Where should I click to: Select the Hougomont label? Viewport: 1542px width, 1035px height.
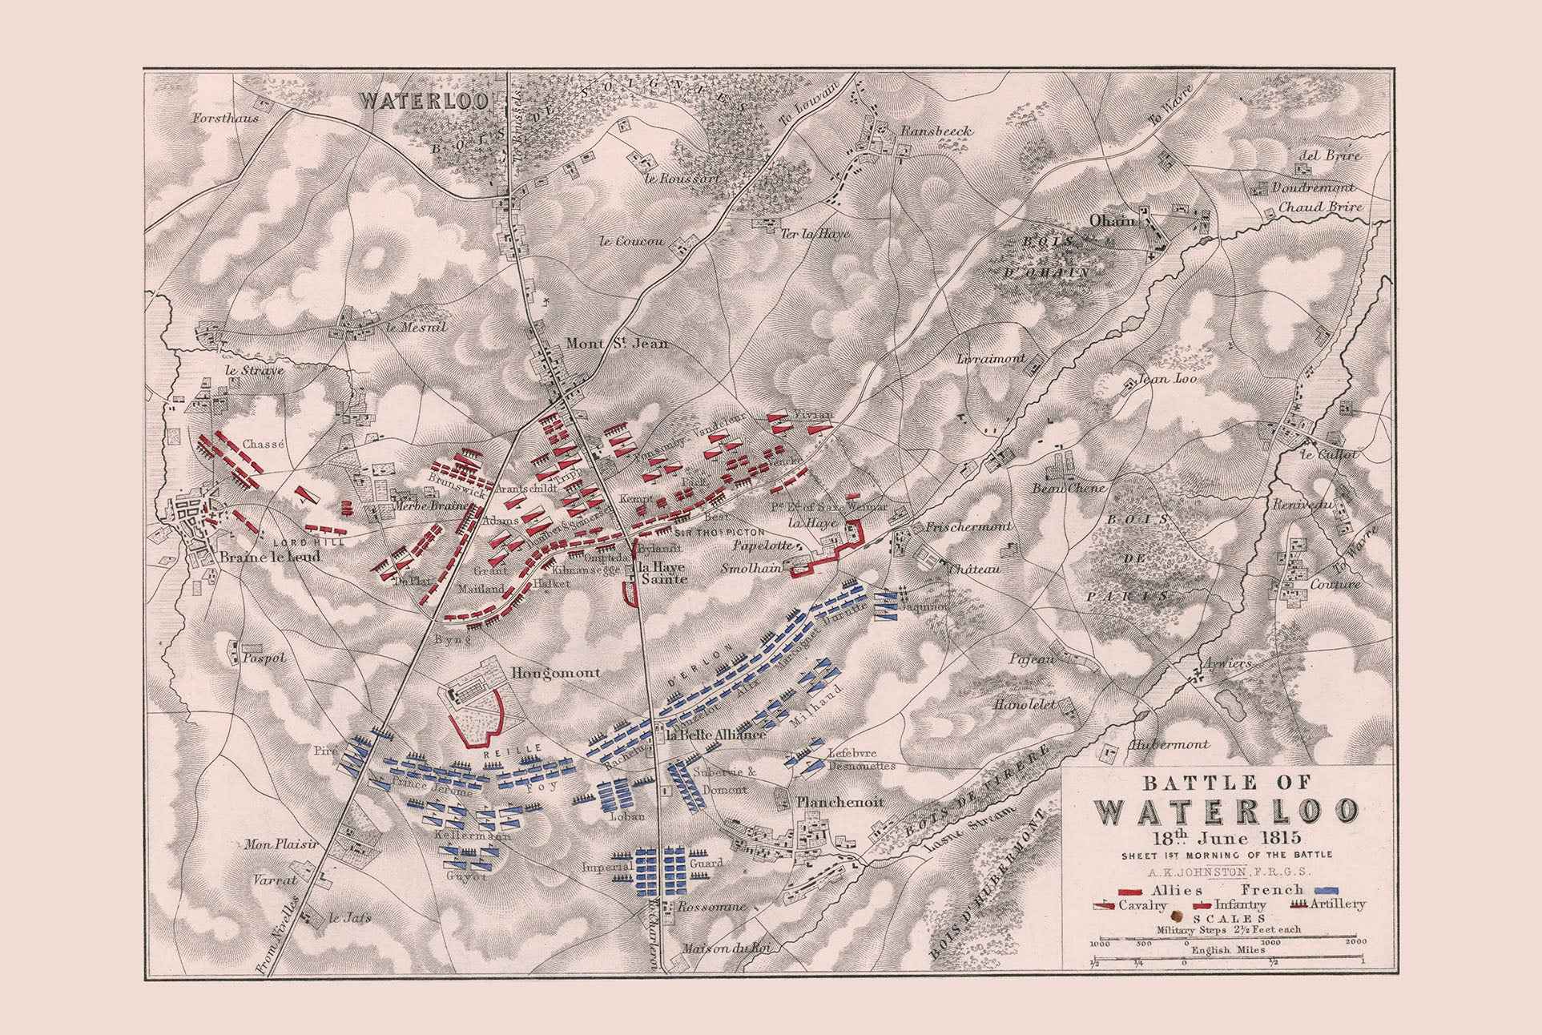click(556, 672)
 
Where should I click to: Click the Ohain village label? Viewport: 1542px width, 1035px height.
click(1112, 220)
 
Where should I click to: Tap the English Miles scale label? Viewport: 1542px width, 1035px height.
click(1226, 951)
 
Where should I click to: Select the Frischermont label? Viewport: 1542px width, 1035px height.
click(968, 526)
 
